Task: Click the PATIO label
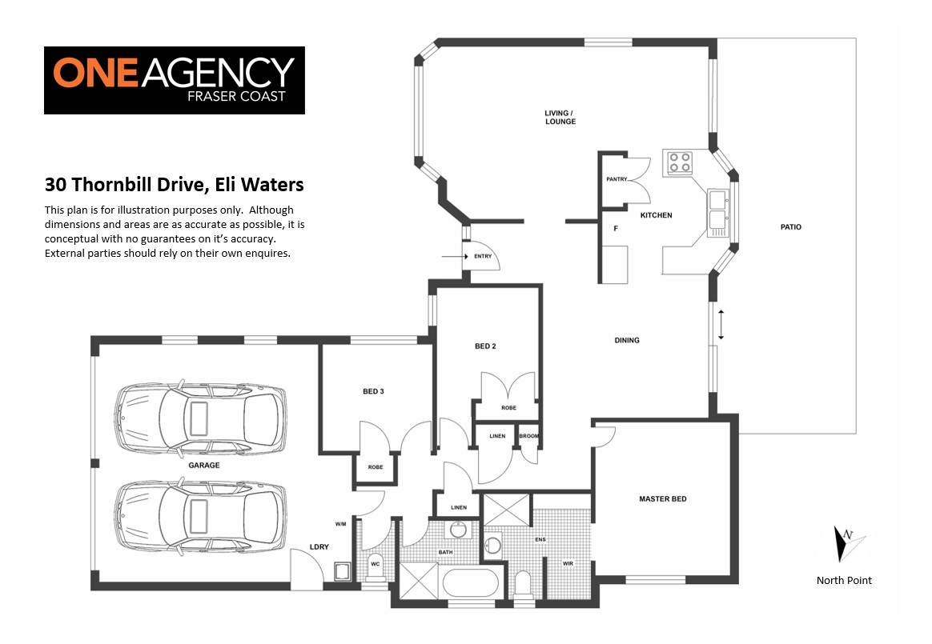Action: (790, 227)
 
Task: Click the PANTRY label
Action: (617, 179)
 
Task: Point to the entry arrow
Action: (456, 257)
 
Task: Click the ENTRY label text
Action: (483, 257)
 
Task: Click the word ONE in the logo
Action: (96, 73)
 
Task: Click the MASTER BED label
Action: (663, 499)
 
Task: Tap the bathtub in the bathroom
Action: (470, 583)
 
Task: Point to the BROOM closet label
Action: (529, 436)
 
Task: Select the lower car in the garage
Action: (200, 516)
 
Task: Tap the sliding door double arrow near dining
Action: (721, 325)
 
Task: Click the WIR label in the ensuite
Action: (568, 563)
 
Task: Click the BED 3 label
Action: (373, 391)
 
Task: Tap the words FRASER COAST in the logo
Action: (236, 96)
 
